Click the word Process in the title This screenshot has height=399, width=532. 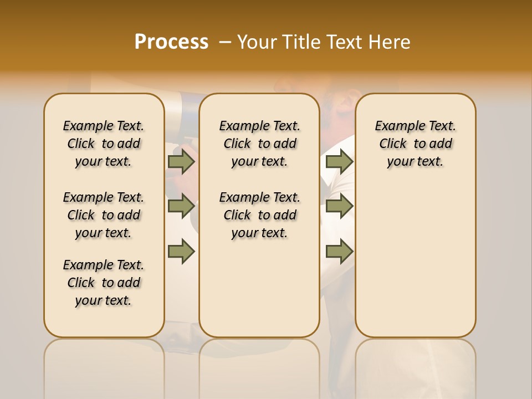point(171,42)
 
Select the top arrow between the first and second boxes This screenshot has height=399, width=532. point(181,161)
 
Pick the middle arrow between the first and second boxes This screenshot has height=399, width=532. point(181,206)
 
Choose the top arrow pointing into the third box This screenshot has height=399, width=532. point(339,161)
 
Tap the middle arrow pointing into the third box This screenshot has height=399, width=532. point(339,206)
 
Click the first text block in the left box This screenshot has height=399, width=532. point(104,144)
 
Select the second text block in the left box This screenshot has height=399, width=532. point(104,215)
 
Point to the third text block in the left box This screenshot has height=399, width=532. point(104,283)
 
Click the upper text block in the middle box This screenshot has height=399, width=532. point(259,144)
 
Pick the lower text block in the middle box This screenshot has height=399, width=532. point(259,215)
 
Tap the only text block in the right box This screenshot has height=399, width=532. point(415,144)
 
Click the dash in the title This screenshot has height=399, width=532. point(226,42)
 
